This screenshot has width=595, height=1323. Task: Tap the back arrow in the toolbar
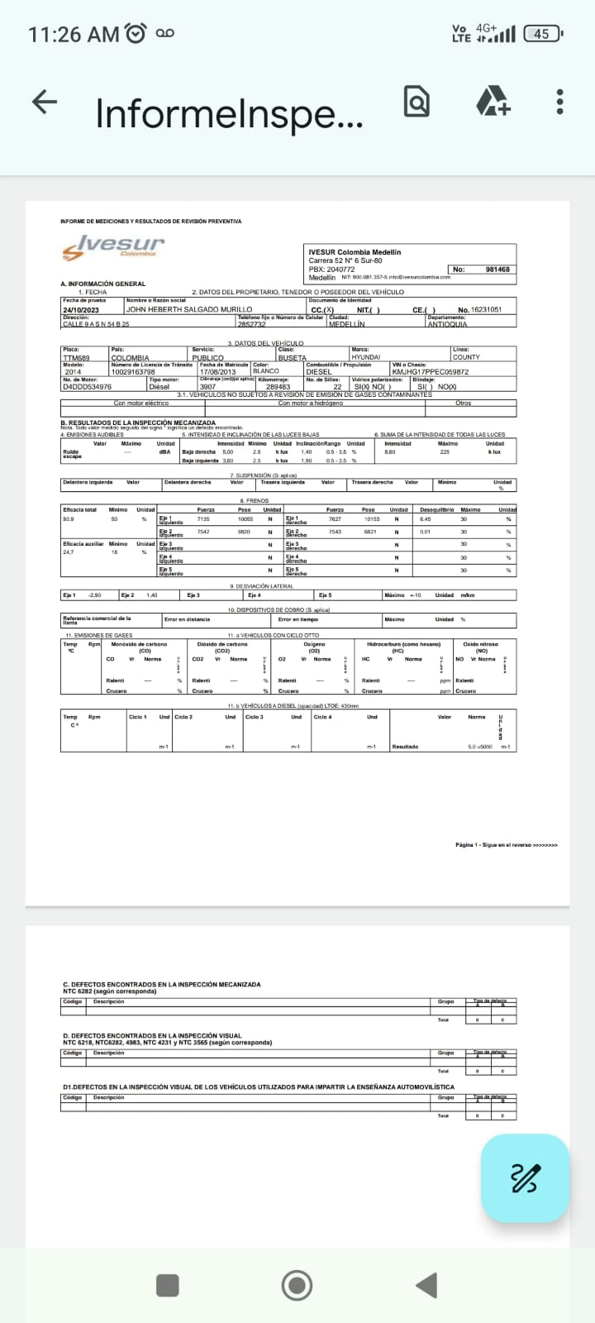point(45,102)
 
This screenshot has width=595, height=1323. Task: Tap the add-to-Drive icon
point(493,102)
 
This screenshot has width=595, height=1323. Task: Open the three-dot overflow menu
point(560,102)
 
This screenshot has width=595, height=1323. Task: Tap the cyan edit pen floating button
point(525,1177)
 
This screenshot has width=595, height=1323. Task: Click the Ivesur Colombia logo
point(114,246)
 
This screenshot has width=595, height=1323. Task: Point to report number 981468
point(497,270)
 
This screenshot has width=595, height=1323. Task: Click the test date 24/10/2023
point(80,309)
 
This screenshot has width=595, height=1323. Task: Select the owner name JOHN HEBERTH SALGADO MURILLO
point(189,309)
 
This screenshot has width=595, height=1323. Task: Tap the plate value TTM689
point(76,358)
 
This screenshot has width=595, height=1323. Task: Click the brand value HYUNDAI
point(366,358)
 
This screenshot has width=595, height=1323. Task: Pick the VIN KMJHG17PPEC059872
point(430,372)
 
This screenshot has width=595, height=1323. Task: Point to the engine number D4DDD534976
point(87,387)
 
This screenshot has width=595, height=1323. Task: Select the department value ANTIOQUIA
point(447,324)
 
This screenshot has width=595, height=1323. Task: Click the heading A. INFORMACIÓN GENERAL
point(102,284)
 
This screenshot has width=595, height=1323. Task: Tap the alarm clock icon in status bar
point(136,34)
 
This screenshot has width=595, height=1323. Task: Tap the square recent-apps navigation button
point(168,1285)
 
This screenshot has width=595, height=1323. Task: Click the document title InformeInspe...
point(229,113)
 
